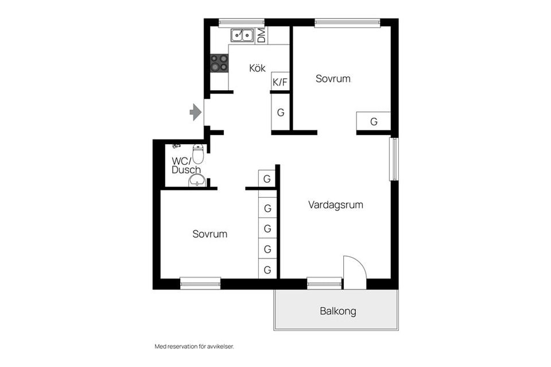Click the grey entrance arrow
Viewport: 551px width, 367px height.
coord(195,112)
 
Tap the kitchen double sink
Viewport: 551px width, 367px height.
coord(242,35)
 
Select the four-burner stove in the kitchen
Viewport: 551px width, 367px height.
coord(219,63)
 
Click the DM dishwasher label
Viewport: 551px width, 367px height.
coord(262,36)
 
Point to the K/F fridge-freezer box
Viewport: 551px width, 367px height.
coord(280,82)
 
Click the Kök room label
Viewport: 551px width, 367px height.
coord(257,68)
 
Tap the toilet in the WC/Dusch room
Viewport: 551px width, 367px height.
coord(198,153)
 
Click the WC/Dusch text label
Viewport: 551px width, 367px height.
coord(186,165)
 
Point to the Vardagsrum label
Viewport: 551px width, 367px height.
coord(336,204)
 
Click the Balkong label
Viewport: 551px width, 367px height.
coord(337,311)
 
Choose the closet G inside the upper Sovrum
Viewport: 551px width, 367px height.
coord(374,122)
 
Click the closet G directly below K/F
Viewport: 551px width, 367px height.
coord(281,113)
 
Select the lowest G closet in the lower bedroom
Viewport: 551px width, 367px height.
coord(267,269)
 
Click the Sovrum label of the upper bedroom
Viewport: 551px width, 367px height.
coord(333,78)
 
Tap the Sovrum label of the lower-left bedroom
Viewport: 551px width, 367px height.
coord(210,234)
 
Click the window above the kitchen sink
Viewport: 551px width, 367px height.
coord(242,23)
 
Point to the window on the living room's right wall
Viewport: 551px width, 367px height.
coord(394,159)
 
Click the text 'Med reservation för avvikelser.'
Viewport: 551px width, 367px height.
coord(195,346)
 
